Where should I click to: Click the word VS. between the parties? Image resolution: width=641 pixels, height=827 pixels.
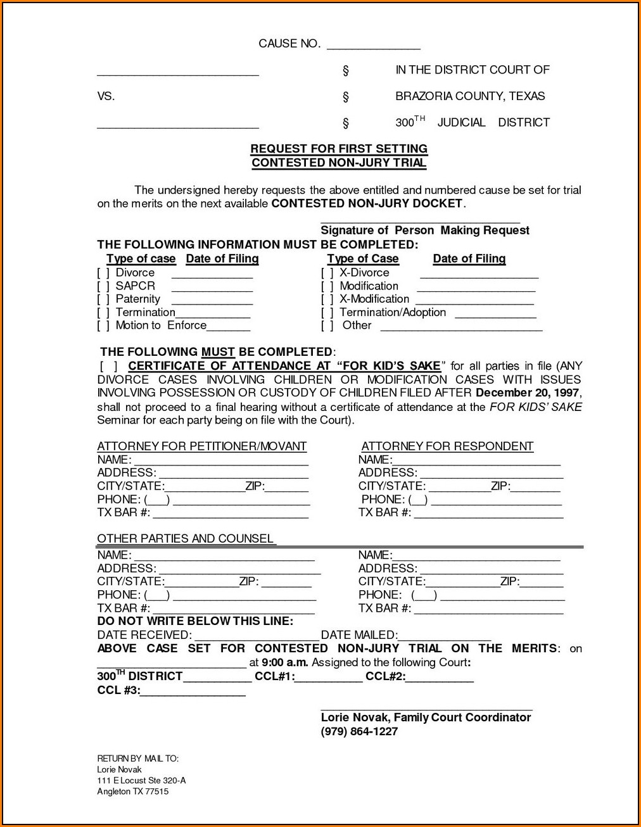point(106,96)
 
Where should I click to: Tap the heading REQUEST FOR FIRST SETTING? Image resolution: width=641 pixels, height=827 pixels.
point(339,149)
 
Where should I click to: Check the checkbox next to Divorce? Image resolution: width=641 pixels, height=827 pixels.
point(103,273)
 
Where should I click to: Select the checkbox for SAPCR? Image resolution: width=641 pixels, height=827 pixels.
point(103,286)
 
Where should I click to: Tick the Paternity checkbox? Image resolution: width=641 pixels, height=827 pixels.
point(103,300)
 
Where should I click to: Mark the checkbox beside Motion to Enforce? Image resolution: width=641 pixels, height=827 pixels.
point(103,325)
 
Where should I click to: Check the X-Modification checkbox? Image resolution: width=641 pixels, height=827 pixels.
point(327,300)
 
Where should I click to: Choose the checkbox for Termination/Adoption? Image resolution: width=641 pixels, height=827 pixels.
point(327,313)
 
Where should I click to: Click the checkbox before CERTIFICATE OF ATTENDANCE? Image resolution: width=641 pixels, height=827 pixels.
point(108,366)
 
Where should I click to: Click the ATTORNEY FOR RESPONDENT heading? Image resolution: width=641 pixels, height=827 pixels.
point(447,446)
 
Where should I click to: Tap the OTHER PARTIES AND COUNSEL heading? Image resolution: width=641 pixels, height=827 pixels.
point(185,539)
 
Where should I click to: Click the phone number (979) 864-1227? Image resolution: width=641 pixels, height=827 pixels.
point(359,731)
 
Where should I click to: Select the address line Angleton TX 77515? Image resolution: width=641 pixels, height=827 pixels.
point(133,792)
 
